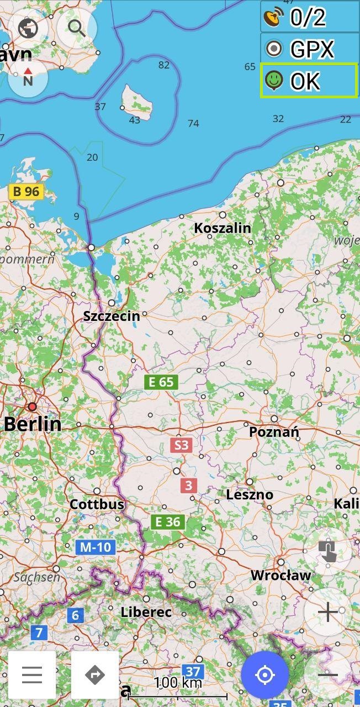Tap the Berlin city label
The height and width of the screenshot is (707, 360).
[x=33, y=424]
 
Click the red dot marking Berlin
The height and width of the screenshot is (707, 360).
[x=32, y=407]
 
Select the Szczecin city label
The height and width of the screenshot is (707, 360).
[x=111, y=316]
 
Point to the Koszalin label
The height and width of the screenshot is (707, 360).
[x=223, y=228]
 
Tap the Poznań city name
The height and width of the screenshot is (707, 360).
[x=274, y=432]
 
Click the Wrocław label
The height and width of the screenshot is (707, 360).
[x=280, y=575]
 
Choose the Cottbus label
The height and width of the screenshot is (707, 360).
[x=97, y=504]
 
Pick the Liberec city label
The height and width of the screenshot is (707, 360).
[x=146, y=612]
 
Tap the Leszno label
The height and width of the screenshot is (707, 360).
[x=250, y=494]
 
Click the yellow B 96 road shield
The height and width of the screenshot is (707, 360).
[x=26, y=192]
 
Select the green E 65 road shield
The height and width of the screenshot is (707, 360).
[x=161, y=382]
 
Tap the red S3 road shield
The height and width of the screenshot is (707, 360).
[x=181, y=445]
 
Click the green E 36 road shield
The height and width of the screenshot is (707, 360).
[x=168, y=521]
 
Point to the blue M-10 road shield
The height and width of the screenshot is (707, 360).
[x=96, y=547]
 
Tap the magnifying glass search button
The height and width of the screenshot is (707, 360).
[x=77, y=28]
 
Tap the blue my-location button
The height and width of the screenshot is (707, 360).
[x=265, y=674]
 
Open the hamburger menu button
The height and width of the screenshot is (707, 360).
[x=32, y=674]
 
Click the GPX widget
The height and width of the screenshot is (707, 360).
[x=310, y=49]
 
